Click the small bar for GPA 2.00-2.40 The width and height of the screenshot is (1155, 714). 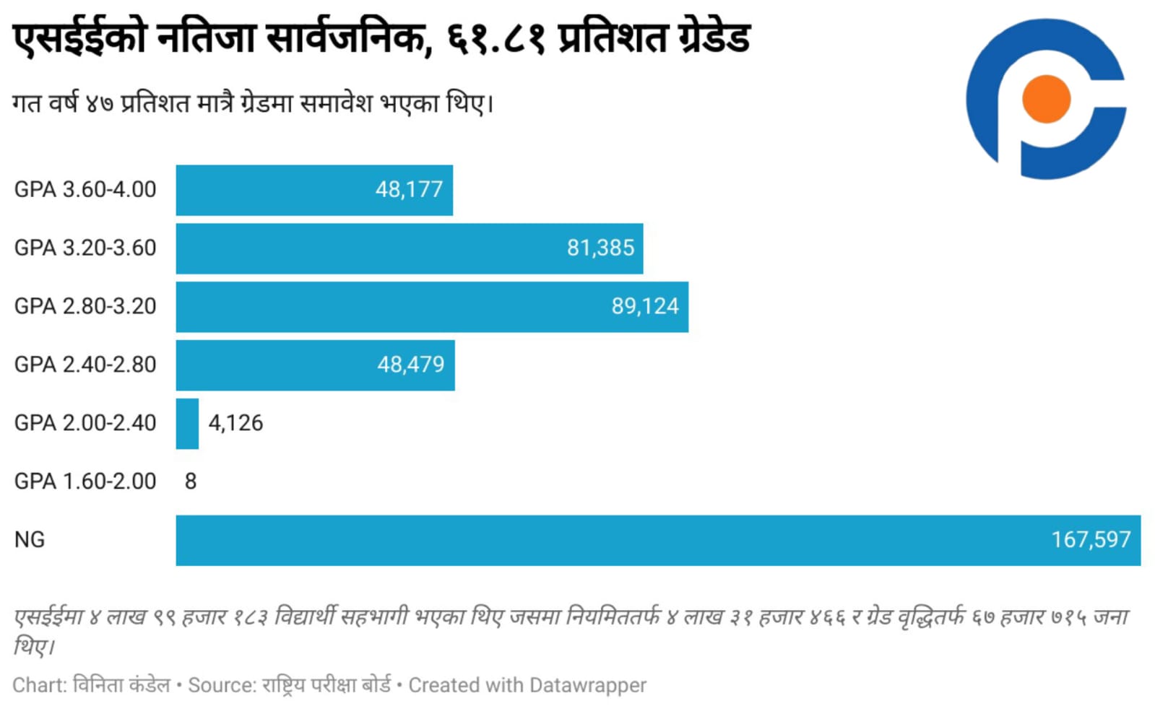(x=187, y=424)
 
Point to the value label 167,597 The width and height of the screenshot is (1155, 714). (x=1091, y=540)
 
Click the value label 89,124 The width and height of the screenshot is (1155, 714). (x=645, y=307)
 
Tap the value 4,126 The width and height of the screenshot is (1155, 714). (x=235, y=423)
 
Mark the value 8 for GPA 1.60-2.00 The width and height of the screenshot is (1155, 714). (x=191, y=482)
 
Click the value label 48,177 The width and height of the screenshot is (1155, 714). (x=409, y=190)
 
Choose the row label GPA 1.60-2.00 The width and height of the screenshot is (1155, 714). (x=85, y=482)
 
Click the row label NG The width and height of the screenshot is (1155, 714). (x=30, y=540)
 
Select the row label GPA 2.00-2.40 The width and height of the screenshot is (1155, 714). (x=85, y=423)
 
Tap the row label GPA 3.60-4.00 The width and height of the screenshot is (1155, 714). (x=85, y=190)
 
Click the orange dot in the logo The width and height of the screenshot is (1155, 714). (x=1046, y=99)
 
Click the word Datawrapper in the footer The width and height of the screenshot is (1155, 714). (x=587, y=685)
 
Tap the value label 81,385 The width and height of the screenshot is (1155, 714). (x=600, y=248)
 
